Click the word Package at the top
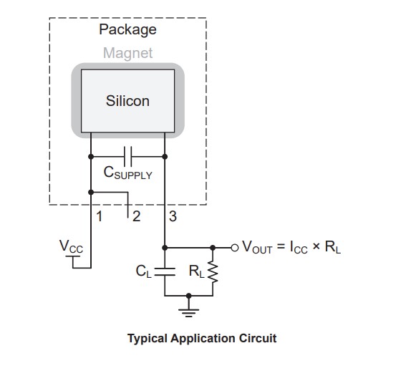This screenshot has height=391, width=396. pos(127,30)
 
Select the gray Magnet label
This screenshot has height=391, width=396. pos(127,53)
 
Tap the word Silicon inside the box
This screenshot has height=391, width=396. pos(127,101)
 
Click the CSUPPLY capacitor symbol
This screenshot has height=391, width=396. pos(127,157)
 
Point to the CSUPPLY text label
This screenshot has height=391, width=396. pos(127,173)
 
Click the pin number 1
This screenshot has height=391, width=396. pos(100,216)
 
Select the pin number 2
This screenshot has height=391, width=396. pos(136,216)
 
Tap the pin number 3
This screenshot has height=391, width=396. pos(173,216)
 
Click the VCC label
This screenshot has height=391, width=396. pos(71,246)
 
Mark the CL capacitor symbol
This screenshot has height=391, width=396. pos(165,271)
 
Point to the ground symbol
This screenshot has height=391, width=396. pos(188,313)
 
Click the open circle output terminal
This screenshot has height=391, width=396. pos(235,248)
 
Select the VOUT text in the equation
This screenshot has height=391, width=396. pos(257,247)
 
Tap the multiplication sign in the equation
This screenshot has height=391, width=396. pos(316,246)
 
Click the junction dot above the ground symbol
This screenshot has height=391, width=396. pos(188,296)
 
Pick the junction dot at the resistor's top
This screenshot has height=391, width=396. pos(213,248)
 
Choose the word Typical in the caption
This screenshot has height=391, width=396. pos(148,339)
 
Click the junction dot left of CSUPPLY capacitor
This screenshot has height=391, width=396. pos(91,157)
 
